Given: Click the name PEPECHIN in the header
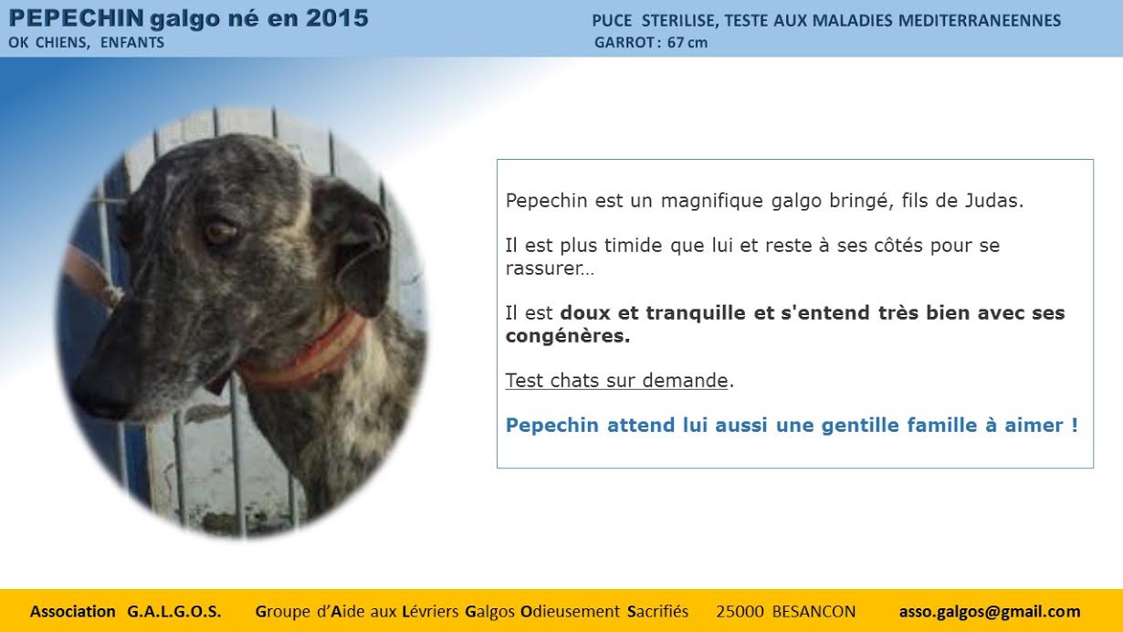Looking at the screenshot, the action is (x=77, y=18).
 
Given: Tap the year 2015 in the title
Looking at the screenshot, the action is (x=337, y=18).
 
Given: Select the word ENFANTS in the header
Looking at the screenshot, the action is (x=132, y=43).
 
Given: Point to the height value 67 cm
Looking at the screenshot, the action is (x=687, y=43).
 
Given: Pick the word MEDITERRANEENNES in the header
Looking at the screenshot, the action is (x=979, y=21).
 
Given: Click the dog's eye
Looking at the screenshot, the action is (x=220, y=232).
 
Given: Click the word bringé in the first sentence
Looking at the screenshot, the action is (x=862, y=201).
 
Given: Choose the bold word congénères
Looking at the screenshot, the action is (x=568, y=336).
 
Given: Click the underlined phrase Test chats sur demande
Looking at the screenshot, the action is (x=616, y=381).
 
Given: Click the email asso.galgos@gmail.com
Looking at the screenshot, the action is (x=990, y=612).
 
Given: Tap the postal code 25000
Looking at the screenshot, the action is (x=740, y=612).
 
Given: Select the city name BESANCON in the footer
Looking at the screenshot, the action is (x=814, y=612).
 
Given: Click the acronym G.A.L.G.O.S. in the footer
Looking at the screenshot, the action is (x=174, y=612).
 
